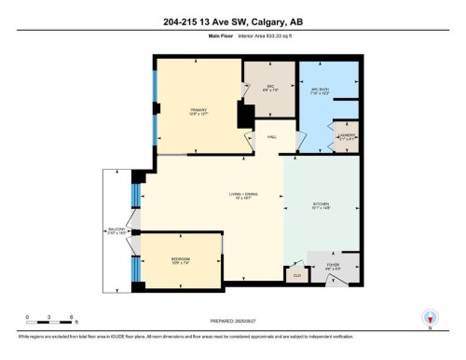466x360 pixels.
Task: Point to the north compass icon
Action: [430, 317]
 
